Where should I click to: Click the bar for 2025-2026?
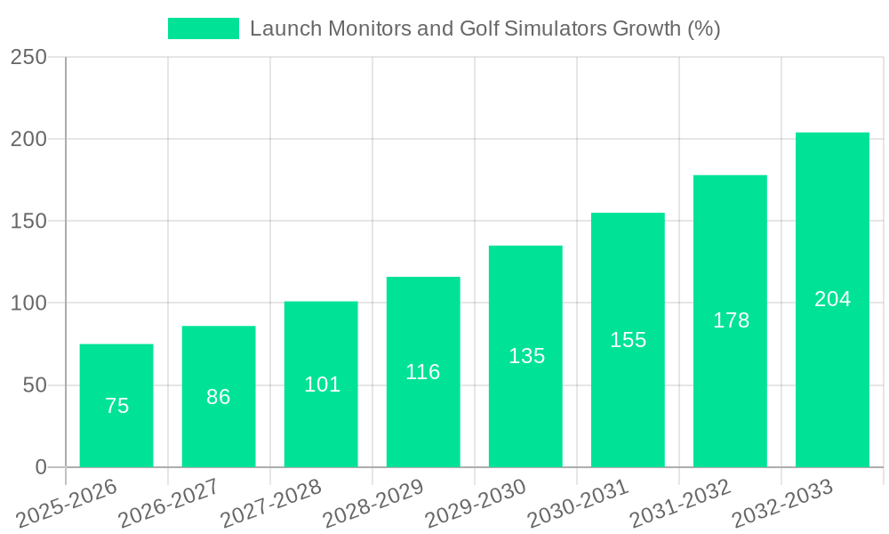tap(116, 406)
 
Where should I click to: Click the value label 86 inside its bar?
tap(219, 397)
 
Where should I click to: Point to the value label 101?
tap(322, 384)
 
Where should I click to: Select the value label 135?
tap(526, 356)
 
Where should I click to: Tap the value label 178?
tap(731, 320)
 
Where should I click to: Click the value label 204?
tap(833, 299)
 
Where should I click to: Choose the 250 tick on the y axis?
tap(28, 57)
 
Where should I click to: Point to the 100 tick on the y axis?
tap(28, 303)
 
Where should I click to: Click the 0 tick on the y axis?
tap(40, 467)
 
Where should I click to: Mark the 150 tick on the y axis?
tap(28, 221)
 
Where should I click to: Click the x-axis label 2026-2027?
tap(169, 504)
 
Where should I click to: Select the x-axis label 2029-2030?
tap(476, 504)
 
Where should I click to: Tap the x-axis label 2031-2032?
tap(680, 504)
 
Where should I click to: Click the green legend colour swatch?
tap(204, 28)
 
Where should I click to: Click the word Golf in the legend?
tap(479, 28)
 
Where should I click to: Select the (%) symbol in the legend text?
tap(704, 28)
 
